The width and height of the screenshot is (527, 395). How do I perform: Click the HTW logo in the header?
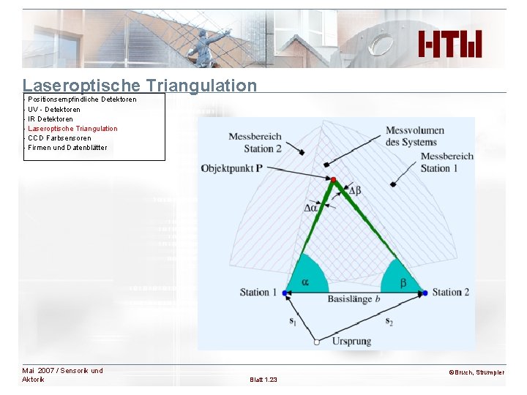[450, 45]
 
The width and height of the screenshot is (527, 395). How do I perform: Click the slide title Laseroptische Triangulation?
[140, 86]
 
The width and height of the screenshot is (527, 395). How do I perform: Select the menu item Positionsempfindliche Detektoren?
[82, 99]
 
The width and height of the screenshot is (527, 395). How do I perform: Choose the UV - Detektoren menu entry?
[54, 109]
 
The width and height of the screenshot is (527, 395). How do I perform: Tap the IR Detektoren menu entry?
[51, 118]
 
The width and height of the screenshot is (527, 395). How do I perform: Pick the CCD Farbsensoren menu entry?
[59, 138]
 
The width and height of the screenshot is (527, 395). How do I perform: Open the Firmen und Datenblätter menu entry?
[67, 147]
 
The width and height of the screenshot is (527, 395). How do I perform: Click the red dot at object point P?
[333, 180]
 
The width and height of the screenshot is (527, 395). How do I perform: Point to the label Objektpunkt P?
[232, 169]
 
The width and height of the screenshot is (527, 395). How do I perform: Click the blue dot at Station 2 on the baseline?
[425, 293]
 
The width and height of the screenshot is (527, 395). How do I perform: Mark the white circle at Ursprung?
[316, 342]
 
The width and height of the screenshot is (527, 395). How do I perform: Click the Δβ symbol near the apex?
[354, 191]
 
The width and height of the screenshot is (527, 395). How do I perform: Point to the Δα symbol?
[311, 208]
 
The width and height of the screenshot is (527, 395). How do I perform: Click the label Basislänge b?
[354, 299]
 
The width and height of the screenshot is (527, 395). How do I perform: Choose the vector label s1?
[293, 320]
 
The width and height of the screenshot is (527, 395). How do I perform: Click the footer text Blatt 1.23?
[263, 380]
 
